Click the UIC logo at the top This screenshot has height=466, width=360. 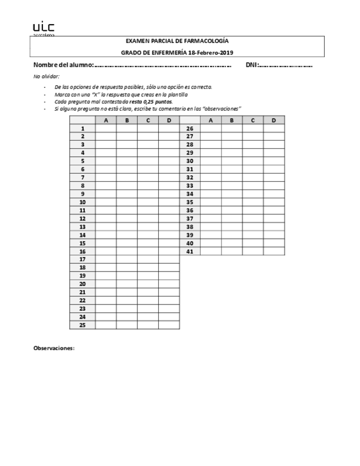tap(43, 27)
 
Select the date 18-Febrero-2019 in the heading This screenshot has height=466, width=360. tap(211, 52)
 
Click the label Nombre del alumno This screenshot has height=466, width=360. tap(63, 65)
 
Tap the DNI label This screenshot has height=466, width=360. tap(252, 65)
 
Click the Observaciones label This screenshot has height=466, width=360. tap(54, 348)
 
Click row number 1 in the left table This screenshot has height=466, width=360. tap(82, 128)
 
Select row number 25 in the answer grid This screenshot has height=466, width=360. tap(82, 325)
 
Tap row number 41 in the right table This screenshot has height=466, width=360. tap(190, 252)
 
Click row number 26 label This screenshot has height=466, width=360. tap(190, 128)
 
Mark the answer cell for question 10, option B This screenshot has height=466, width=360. tap(127, 202)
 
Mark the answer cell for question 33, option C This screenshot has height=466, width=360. tap(253, 186)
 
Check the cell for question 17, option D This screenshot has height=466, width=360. tap(169, 259)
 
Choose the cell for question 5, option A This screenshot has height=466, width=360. tap(106, 161)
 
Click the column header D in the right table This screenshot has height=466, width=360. tap(274, 120)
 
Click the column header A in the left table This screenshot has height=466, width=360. tap(106, 120)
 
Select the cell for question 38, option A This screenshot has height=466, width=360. tap(211, 227)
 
